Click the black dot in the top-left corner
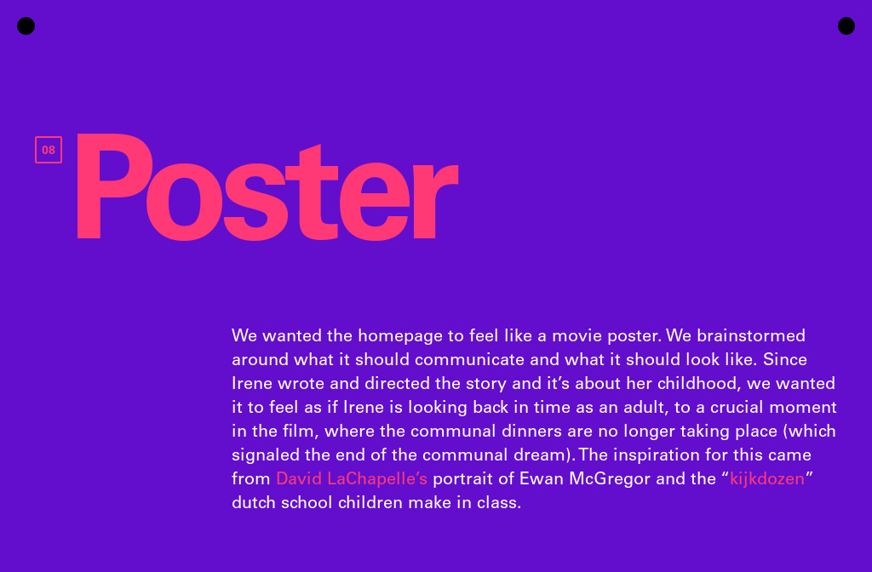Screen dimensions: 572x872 (x=26, y=26)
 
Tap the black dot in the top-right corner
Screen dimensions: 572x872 (x=846, y=26)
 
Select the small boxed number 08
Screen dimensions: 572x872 (x=49, y=150)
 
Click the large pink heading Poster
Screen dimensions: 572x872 (x=267, y=188)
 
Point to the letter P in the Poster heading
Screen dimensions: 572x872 (x=108, y=188)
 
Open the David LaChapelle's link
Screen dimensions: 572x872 (x=351, y=478)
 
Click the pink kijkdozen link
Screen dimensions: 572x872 (x=766, y=478)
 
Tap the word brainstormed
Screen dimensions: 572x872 (x=755, y=335)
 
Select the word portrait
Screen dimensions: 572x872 (x=465, y=478)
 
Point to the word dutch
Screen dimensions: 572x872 (x=253, y=502)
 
